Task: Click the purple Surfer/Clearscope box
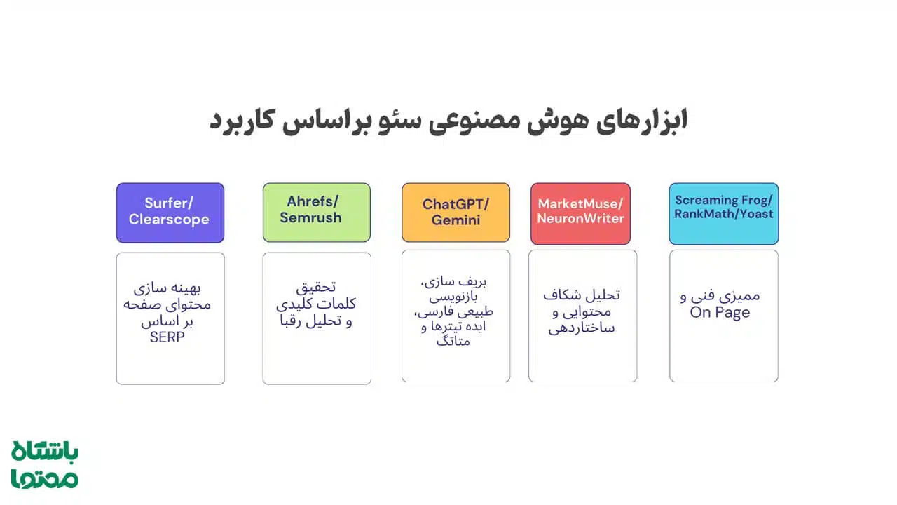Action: (170, 213)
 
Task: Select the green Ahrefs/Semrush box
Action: (316, 213)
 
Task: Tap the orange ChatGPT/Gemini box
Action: (456, 213)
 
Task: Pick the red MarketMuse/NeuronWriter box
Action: (580, 214)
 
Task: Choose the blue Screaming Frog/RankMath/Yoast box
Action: (723, 214)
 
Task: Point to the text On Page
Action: (719, 313)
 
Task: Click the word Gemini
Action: (456, 220)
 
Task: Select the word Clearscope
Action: (169, 220)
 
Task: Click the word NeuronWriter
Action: (580, 218)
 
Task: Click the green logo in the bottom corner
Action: (45, 464)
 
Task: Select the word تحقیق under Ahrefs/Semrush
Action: (316, 288)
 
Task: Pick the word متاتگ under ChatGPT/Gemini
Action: (453, 342)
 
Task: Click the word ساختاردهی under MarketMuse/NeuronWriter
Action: (582, 328)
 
